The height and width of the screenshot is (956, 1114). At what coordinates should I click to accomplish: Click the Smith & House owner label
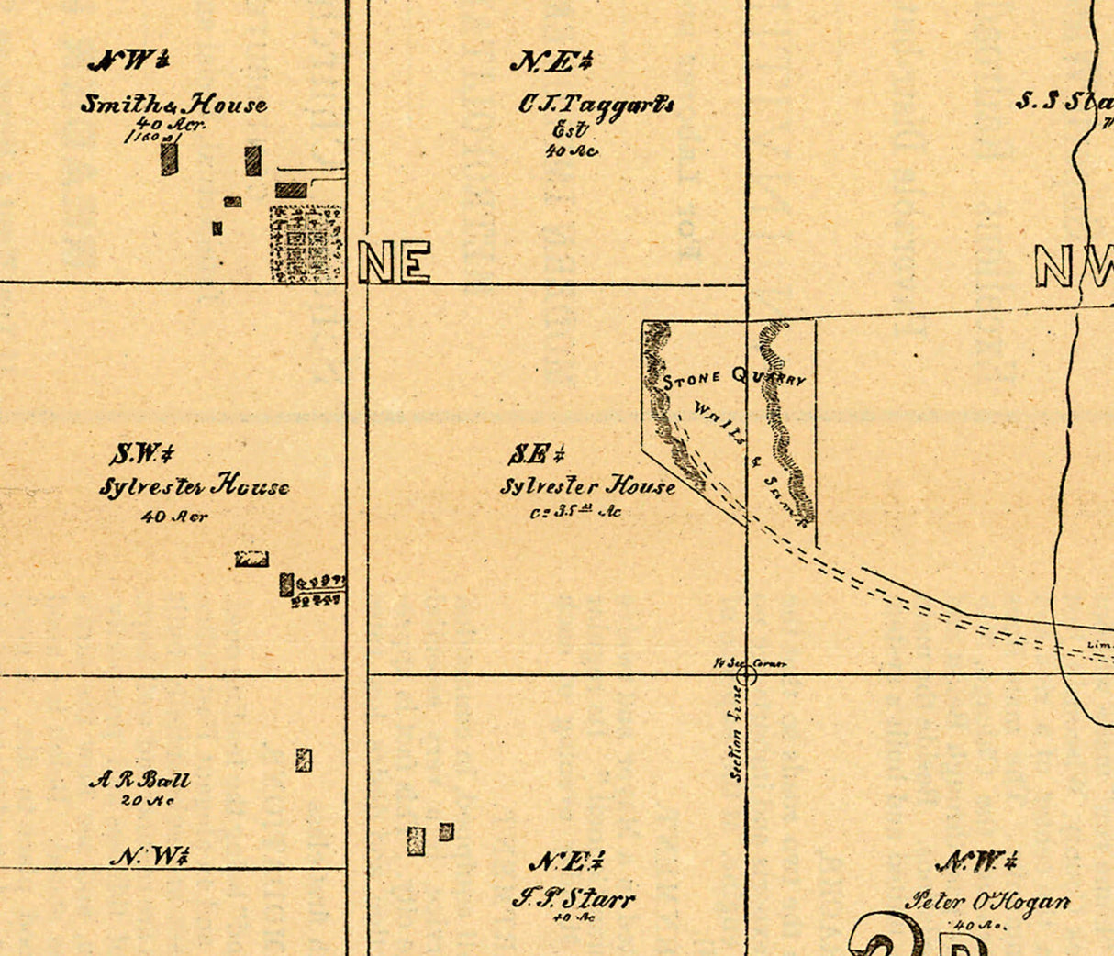coord(173,104)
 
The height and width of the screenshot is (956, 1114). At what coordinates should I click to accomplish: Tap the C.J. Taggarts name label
coord(596,104)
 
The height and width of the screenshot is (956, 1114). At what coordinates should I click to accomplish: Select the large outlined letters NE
coord(395,262)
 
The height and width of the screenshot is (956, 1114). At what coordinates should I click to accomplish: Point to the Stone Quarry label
coord(733,378)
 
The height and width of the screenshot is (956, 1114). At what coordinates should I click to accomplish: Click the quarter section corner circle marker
coord(747,675)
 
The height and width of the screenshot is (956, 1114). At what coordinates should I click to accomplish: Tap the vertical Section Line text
coord(737,734)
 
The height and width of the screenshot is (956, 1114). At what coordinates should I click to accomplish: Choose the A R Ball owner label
coord(140,781)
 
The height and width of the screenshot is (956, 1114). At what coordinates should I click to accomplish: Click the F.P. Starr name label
coord(573,897)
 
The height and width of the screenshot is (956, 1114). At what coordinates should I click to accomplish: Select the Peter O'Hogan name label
coord(987,901)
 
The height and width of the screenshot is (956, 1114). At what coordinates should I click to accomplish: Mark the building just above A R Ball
coord(304,760)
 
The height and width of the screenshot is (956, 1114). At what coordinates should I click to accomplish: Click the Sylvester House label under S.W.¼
coord(194,486)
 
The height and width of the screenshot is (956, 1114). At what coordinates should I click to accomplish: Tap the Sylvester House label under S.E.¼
coord(588,486)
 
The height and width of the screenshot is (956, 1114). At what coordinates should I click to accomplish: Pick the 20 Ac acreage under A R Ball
coord(147,801)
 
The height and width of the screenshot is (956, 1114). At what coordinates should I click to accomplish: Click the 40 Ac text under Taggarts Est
coord(571,151)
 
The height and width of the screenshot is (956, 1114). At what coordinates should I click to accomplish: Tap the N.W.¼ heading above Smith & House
coord(128,61)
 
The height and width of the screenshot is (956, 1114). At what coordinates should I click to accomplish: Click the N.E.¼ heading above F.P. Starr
coord(566,862)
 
